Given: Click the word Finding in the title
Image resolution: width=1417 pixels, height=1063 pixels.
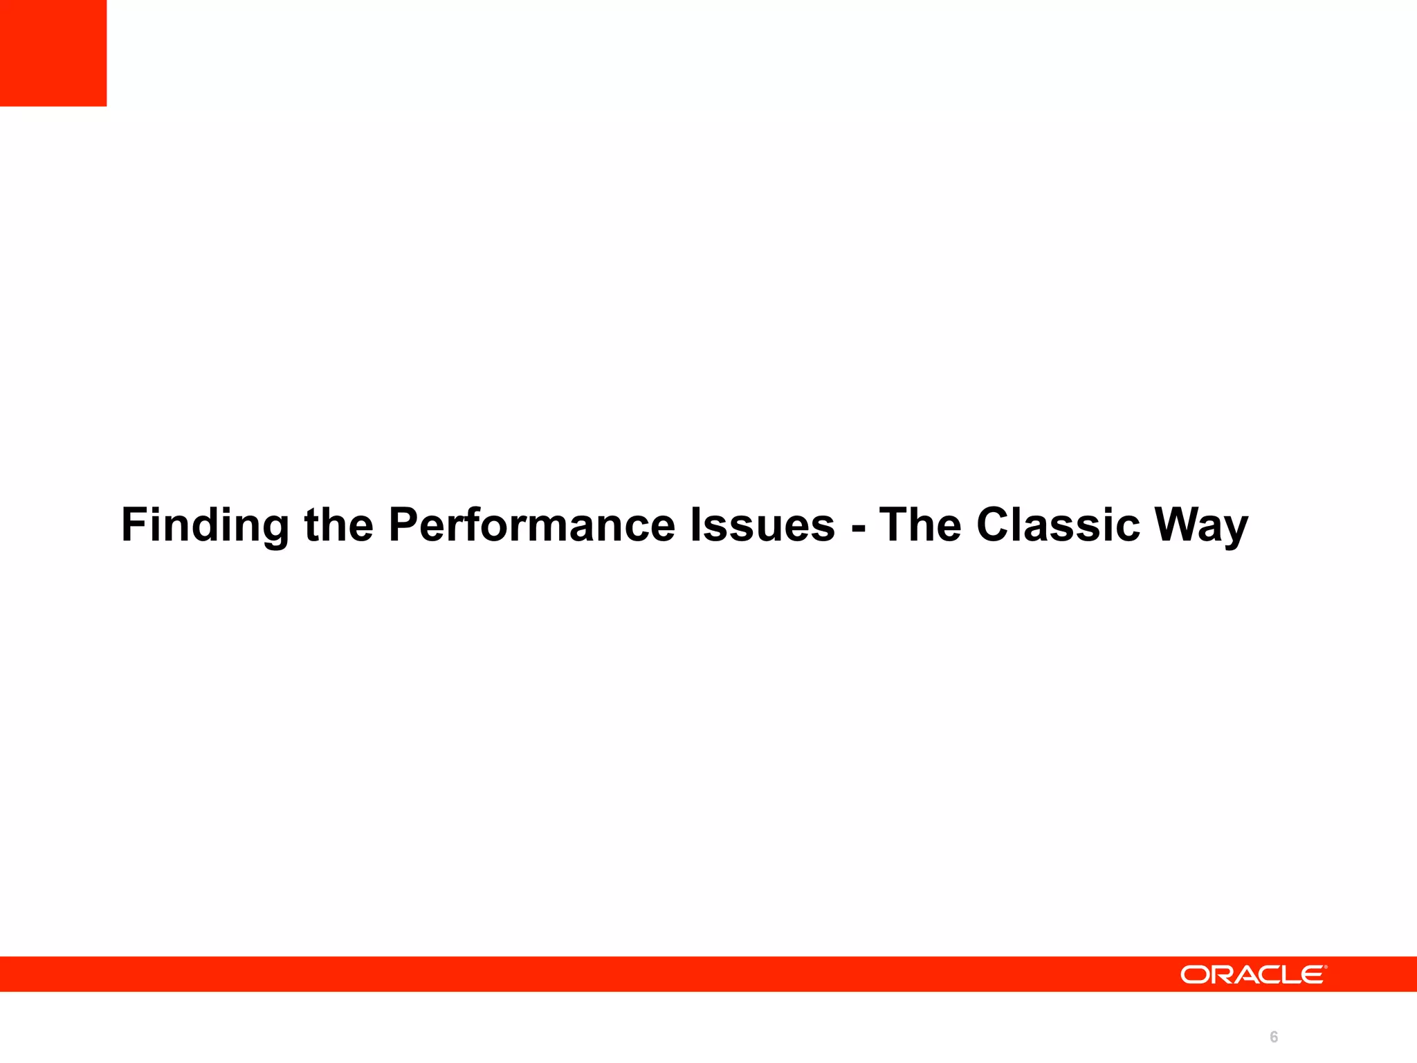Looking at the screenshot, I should pos(205,525).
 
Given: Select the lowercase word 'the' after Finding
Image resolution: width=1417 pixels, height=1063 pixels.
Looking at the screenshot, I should pos(338,524).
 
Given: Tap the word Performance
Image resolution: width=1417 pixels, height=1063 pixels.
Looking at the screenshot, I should pos(531,524).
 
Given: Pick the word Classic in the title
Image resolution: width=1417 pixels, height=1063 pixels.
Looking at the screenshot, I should pos(1058,524).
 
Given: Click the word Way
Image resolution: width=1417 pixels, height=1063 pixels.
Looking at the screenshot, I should pos(1201,525).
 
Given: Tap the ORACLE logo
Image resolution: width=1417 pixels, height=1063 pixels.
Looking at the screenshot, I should pos(1253,974).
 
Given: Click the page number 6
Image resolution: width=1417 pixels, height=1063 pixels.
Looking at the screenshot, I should pos(1274,1037).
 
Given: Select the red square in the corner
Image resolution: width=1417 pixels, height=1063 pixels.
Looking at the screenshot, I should pos(53,53).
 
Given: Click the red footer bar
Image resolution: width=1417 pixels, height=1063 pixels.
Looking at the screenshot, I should pos(554,974).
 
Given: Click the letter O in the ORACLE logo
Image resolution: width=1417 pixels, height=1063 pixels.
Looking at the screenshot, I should pos(1194,974).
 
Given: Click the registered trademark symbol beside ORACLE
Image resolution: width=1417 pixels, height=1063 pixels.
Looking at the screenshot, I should pos(1326,967).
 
